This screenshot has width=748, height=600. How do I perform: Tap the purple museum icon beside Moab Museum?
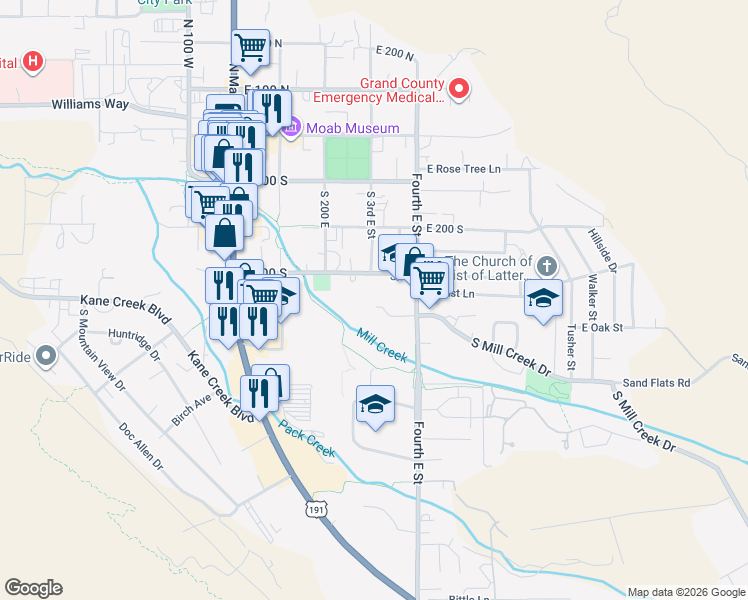pos(291,127)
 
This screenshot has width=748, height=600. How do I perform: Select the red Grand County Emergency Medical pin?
pos(460,90)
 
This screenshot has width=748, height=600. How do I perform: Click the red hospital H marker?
pos(33,62)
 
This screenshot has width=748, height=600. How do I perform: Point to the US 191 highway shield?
pos(317,509)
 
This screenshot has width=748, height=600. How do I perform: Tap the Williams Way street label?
pos(93,103)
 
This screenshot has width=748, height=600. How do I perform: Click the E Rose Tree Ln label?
pos(463,169)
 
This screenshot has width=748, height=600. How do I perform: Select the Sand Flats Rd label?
pos(657,382)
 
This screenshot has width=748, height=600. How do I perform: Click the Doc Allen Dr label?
pos(141,445)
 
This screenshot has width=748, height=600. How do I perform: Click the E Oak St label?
pos(603,327)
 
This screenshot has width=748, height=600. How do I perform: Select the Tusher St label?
pos(570,346)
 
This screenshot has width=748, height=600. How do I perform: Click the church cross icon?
pos(545,266)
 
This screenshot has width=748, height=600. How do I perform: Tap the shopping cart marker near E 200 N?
pos(250,46)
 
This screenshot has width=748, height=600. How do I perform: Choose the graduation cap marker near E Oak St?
pos(543,299)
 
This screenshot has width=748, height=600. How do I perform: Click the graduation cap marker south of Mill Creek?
pos(375,404)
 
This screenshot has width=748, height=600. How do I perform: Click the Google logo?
pos(33,588)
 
